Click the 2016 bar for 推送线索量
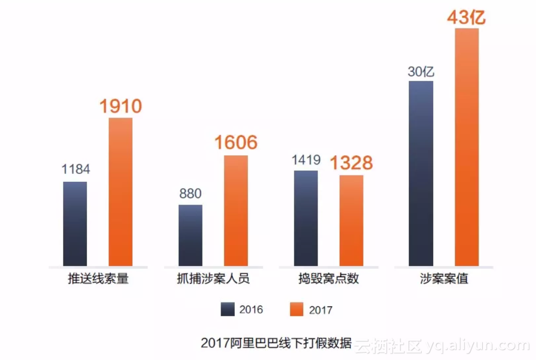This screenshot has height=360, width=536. click(75, 223)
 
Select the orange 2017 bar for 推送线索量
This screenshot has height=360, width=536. click(120, 192)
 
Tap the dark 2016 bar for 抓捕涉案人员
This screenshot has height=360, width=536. click(190, 235)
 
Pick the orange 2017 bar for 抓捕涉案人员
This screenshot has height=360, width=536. click(236, 210)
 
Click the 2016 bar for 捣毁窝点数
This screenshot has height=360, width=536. click(306, 218)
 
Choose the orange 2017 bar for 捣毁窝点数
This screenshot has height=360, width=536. click(351, 220)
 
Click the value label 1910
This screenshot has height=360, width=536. click(121, 106)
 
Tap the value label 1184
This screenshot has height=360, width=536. click(75, 170)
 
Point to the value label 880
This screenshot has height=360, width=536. click(190, 193)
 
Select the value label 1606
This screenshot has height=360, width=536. click(236, 143)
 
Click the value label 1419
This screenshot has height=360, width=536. click(306, 160)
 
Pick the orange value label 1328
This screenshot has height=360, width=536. click(351, 163)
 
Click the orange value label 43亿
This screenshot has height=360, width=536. click(466, 17)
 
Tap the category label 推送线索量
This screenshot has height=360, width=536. click(98, 279)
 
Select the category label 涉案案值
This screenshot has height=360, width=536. click(444, 279)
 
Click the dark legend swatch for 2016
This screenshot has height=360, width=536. click(227, 309)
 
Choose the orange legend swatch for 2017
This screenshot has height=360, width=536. click(297, 309)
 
